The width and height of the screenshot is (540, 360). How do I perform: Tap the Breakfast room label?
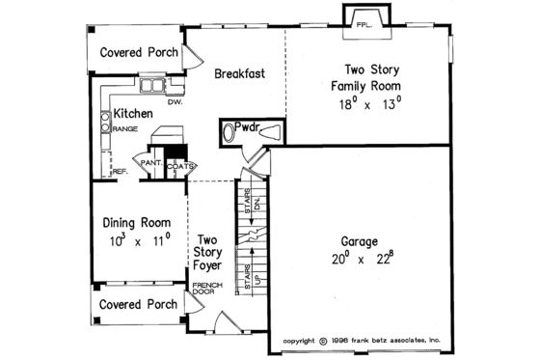click(240, 73)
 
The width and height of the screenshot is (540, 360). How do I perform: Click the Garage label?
click(358, 241)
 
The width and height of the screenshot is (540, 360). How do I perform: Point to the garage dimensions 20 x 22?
click(358, 259)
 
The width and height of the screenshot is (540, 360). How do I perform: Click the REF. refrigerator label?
click(121, 172)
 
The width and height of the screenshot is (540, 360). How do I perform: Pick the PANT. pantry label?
click(150, 165)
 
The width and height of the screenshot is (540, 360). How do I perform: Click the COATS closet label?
click(180, 165)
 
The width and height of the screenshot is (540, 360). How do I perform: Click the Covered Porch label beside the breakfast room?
click(140, 52)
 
